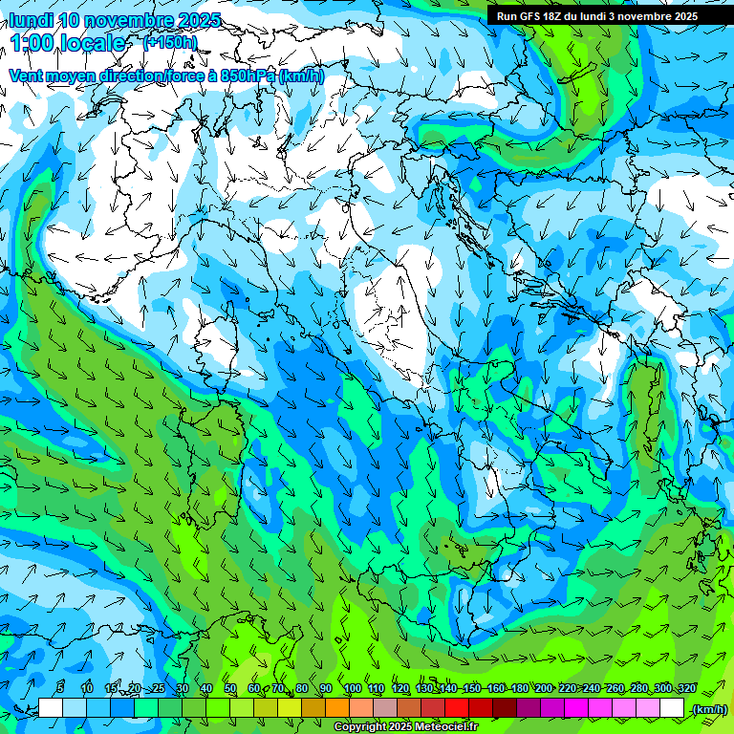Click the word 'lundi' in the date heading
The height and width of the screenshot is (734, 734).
(31, 20)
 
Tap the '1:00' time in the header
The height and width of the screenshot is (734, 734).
(34, 43)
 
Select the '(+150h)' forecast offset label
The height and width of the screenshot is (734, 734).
(169, 42)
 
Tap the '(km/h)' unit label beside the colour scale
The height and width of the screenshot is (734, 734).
(708, 709)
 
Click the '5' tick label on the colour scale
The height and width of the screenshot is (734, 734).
(61, 688)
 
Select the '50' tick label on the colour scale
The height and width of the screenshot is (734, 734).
(230, 688)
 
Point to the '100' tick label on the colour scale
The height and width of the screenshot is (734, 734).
(352, 688)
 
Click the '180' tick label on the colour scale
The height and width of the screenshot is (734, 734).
(519, 688)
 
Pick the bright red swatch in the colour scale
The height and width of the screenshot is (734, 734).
(457, 708)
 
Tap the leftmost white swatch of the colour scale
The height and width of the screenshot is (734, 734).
(51, 708)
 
